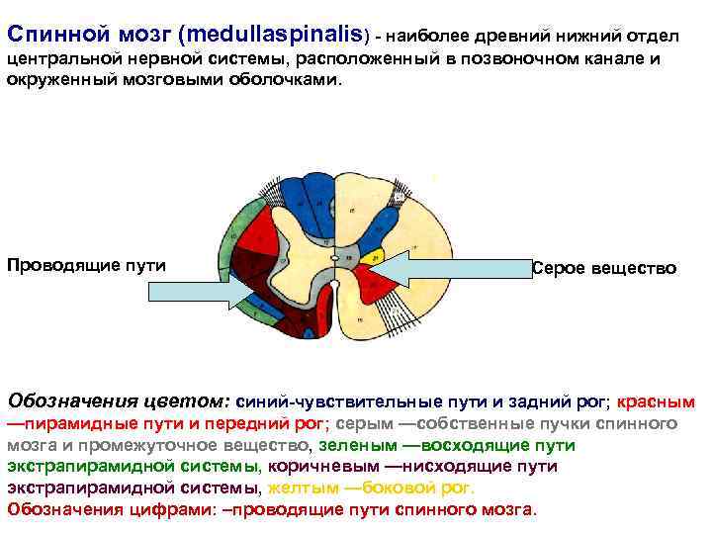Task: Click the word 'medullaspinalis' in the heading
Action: pos(286,36)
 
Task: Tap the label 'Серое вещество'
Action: pos(604,268)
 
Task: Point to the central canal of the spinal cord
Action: pos(337,259)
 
